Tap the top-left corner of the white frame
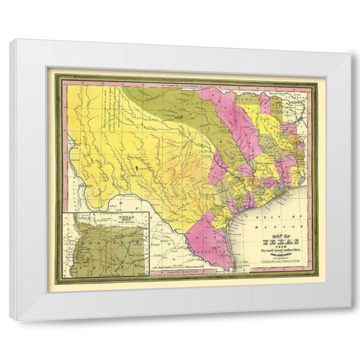tap(10, 40)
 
